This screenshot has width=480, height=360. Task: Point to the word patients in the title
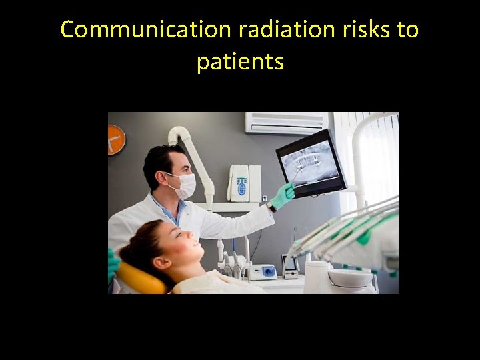[240, 62]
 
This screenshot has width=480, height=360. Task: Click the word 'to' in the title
[406, 30]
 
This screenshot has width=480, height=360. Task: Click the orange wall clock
[116, 139]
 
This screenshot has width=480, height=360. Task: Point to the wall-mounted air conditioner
[287, 123]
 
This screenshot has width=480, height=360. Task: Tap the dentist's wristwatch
[271, 207]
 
